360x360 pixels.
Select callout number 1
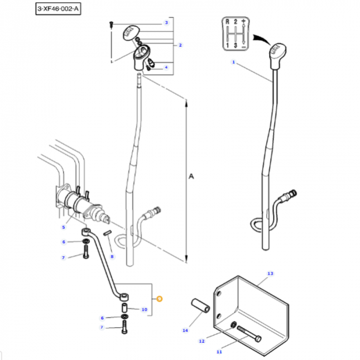tap(234, 63)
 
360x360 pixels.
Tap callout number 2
tap(180, 45)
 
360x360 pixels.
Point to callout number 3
tap(166, 23)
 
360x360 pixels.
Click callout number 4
tap(166, 67)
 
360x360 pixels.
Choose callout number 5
tap(64, 227)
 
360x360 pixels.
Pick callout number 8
tap(112, 256)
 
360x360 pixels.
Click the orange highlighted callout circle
tap(160, 299)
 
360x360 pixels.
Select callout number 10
tap(144, 309)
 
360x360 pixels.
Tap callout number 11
tap(219, 352)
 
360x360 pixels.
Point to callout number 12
tap(203, 341)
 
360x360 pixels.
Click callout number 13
tap(270, 273)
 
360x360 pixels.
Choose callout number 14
tap(185, 330)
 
